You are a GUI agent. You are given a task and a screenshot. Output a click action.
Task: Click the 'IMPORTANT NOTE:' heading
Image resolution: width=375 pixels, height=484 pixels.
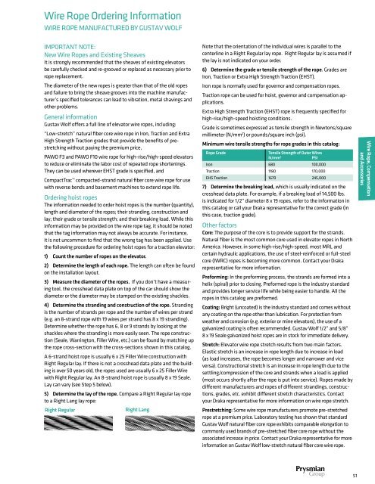point(42,44)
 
